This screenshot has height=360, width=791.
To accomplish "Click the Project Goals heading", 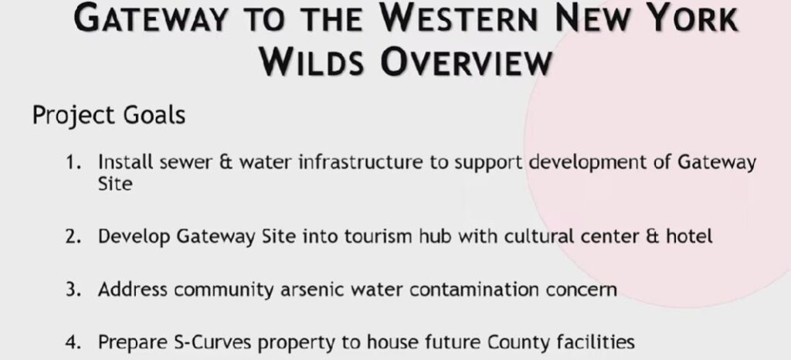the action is (109, 115).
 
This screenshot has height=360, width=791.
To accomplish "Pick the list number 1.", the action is (73, 163).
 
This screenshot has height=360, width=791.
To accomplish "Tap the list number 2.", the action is (73, 236).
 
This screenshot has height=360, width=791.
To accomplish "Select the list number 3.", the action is (73, 290).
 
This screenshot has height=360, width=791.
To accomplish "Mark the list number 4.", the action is (73, 343).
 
